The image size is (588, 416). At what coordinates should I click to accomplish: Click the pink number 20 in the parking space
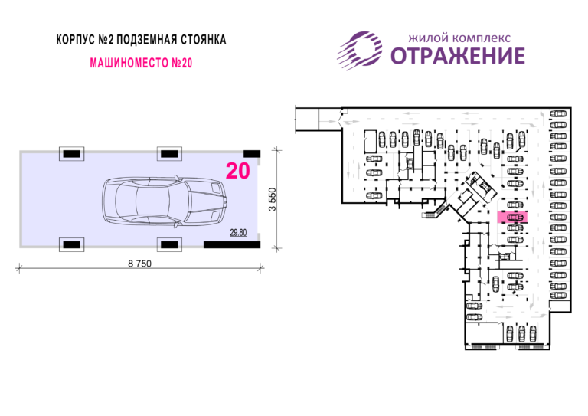point(238,171)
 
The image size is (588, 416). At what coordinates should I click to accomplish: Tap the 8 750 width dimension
point(139,264)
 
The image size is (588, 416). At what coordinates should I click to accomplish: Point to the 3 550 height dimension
point(273,199)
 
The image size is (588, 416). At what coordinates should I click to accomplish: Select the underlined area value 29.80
point(238,233)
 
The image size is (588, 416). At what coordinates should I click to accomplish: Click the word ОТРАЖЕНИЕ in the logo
point(458,56)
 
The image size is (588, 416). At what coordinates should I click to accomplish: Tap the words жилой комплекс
point(459,38)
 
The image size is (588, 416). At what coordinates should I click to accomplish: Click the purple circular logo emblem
point(360,51)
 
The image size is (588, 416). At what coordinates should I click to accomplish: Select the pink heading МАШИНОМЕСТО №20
point(141,63)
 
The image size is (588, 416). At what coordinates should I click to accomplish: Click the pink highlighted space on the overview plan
point(512,217)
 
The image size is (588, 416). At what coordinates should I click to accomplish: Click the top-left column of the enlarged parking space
point(72,154)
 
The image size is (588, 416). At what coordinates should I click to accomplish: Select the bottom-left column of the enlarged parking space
point(72,244)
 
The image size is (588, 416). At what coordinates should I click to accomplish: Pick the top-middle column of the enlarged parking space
point(169,154)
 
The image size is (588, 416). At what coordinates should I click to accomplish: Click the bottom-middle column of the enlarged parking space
point(169,244)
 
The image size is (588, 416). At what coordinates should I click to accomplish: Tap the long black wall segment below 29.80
point(232,245)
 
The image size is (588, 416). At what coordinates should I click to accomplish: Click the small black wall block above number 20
point(252,154)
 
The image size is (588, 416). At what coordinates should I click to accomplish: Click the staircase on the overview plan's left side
point(435,212)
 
